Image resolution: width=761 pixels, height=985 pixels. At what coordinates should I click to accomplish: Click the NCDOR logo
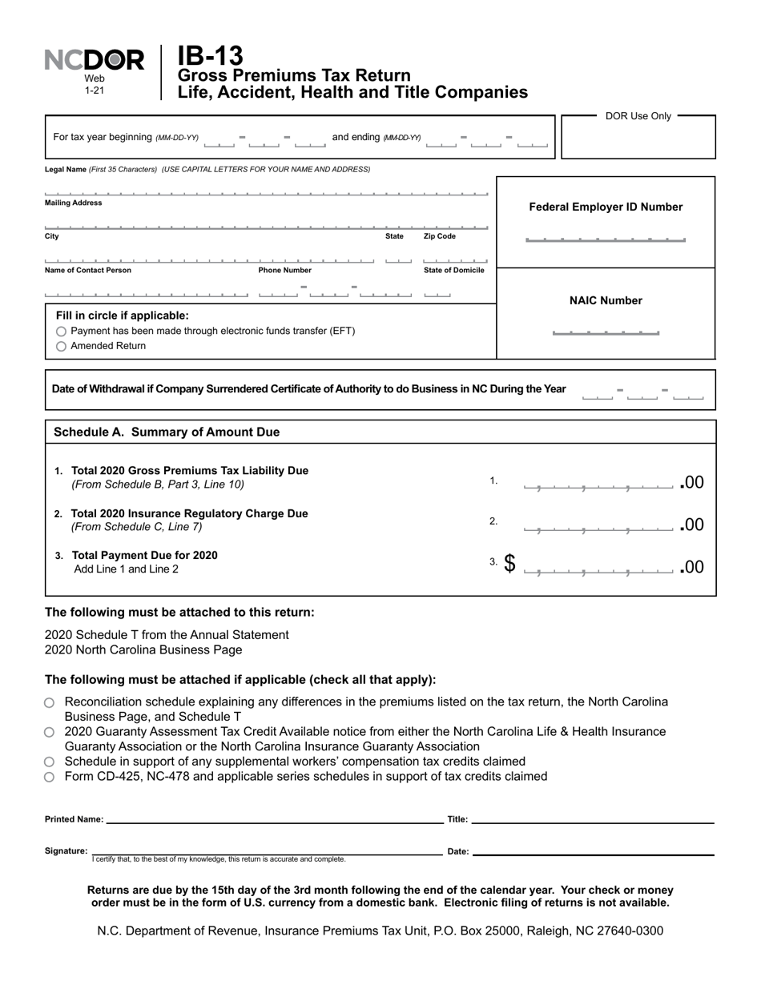pyautogui.click(x=95, y=61)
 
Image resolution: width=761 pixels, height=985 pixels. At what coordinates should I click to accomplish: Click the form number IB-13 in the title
pyautogui.click(x=210, y=56)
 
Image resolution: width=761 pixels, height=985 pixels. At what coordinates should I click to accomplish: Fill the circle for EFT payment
pyautogui.click(x=62, y=332)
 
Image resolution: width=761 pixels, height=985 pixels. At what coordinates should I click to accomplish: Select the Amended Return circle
pyautogui.click(x=62, y=347)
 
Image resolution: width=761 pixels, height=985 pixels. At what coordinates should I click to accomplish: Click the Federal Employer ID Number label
pyautogui.click(x=606, y=207)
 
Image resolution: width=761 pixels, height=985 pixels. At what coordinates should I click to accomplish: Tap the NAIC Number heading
pyautogui.click(x=606, y=301)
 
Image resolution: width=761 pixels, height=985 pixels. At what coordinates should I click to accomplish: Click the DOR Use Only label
pyautogui.click(x=638, y=116)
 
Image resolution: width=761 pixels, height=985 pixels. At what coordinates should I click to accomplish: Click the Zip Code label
pyautogui.click(x=440, y=237)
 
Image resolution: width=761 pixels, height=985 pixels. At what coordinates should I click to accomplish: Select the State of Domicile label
pyautogui.click(x=453, y=271)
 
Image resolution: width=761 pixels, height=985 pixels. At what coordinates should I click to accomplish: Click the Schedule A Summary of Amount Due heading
pyautogui.click(x=167, y=432)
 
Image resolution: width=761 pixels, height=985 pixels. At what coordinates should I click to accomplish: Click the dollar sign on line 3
pyautogui.click(x=509, y=565)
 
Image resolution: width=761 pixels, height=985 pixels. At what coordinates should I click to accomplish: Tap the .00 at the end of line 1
pyautogui.click(x=692, y=482)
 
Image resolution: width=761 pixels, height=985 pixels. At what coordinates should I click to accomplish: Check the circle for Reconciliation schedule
pyautogui.click(x=50, y=702)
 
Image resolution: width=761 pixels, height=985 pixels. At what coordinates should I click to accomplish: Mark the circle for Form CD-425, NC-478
pyautogui.click(x=50, y=777)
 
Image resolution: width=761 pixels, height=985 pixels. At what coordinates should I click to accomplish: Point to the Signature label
pyautogui.click(x=66, y=851)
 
